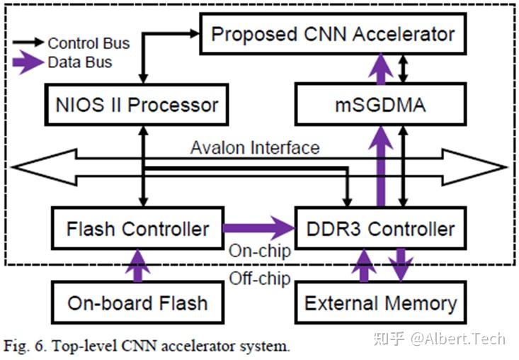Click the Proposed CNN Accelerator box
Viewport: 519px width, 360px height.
(333, 34)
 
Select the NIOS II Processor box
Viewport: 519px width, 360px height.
(137, 105)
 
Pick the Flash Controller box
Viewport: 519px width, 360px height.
(137, 228)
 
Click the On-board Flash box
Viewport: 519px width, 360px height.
(137, 303)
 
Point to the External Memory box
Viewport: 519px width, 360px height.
(381, 303)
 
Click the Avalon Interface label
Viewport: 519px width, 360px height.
(255, 147)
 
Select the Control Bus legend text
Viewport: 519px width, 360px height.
(89, 43)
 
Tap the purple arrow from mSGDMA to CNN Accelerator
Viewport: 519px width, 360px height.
(382, 69)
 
